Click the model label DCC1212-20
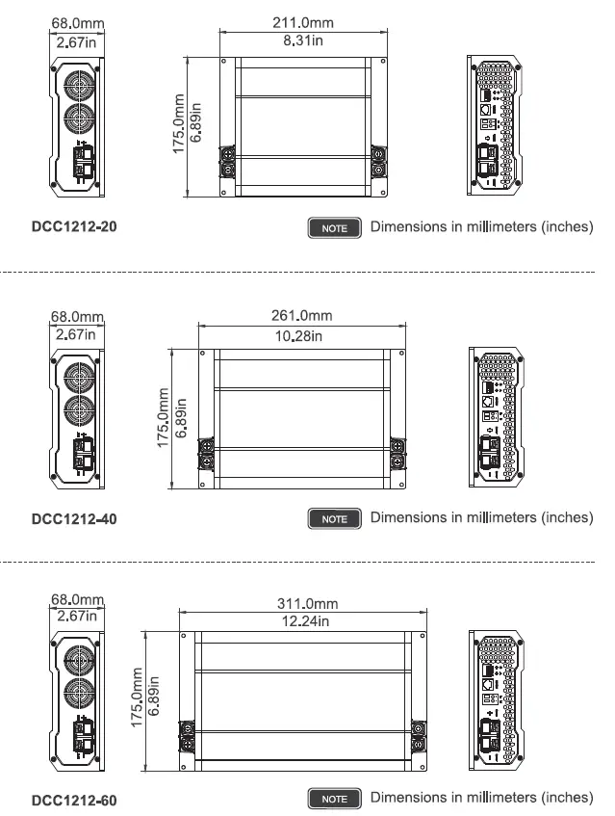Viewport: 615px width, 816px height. (x=76, y=227)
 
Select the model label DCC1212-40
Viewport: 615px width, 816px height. (x=76, y=518)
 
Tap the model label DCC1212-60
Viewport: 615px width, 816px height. (x=76, y=799)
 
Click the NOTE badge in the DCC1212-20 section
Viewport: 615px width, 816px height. (x=334, y=228)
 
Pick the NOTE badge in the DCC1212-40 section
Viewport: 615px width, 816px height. (x=334, y=518)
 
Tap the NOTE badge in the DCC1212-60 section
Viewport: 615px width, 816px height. (x=334, y=799)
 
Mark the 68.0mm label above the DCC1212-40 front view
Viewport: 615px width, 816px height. (x=77, y=316)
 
